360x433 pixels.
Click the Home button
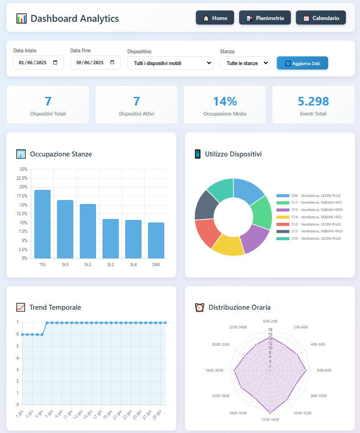tap(215, 18)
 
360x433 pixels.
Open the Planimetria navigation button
tap(265, 18)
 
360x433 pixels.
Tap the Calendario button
tap(320, 18)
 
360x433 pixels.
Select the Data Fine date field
tap(95, 63)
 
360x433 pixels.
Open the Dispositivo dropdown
tap(170, 63)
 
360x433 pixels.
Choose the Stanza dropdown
tap(245, 63)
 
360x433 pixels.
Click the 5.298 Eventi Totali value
tap(313, 101)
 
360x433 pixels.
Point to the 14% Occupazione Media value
tap(225, 101)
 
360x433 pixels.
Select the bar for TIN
tap(42, 224)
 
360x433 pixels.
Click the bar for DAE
tap(156, 241)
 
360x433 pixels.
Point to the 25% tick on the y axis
tap(23, 169)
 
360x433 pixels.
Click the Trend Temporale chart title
tap(55, 307)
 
